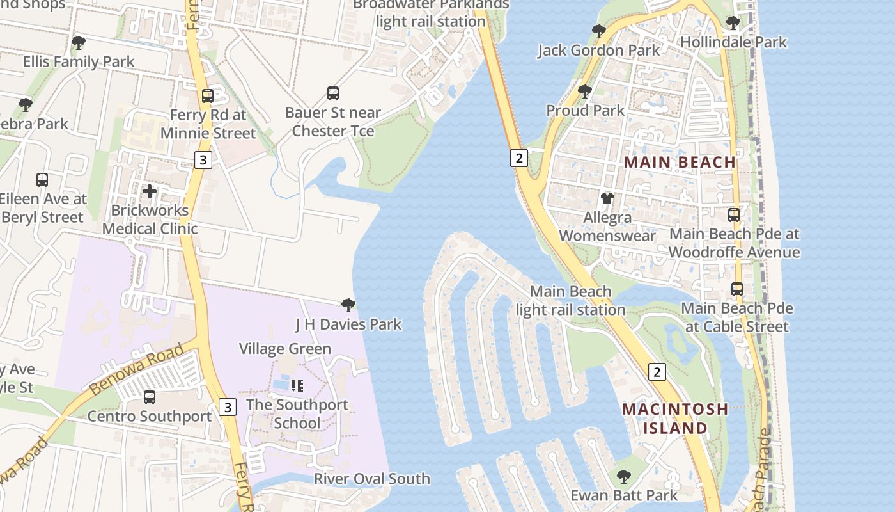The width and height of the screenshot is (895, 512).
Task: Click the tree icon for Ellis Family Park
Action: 79,44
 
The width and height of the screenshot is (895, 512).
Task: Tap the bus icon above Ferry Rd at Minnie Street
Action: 208,96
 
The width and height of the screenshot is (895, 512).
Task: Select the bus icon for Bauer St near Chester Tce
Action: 333,93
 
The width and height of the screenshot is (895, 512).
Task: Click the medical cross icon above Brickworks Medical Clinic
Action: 150,191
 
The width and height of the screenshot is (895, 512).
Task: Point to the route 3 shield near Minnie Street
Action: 203,159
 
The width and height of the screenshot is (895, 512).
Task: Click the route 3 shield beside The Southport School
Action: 228,406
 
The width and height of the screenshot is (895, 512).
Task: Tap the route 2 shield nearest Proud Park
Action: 518,157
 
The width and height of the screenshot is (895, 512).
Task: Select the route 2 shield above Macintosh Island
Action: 657,371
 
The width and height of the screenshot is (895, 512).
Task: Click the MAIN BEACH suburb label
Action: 680,162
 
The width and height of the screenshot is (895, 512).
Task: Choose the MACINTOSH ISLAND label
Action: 675,418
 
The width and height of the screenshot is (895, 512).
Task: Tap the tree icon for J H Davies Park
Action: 348,305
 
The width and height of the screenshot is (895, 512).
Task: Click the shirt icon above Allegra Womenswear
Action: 607,198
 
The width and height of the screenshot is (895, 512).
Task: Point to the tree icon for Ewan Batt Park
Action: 623,477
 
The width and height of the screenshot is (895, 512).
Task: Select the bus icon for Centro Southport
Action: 150,397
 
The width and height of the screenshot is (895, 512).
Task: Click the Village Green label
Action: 285,349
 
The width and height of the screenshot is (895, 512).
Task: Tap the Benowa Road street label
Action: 136,369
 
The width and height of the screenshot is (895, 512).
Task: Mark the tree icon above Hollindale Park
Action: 733,24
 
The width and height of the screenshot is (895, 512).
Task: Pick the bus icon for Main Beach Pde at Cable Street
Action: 737,289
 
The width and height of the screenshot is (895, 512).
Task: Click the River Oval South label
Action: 371,479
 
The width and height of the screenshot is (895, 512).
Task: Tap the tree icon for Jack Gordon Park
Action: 598,31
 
